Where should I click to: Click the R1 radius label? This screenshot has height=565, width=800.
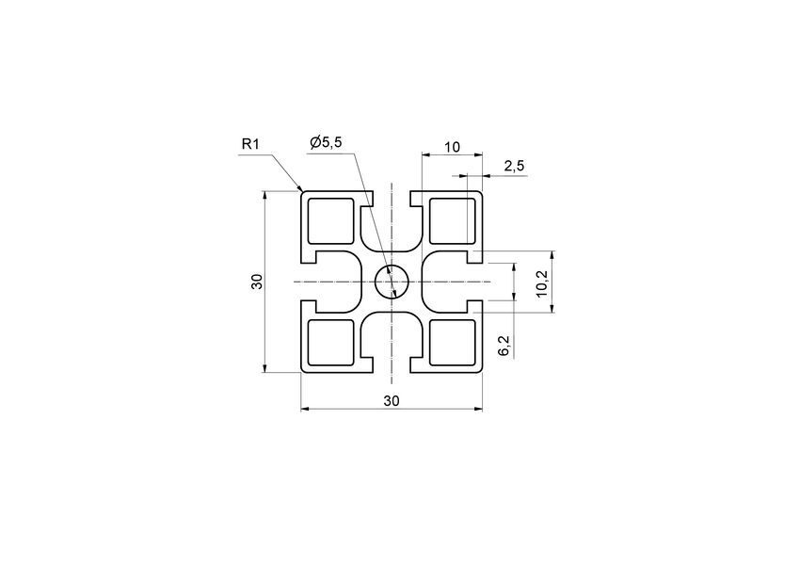tap(250, 144)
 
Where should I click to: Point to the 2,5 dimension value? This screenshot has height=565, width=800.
tap(514, 166)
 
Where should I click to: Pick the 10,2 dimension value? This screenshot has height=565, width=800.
tap(540, 282)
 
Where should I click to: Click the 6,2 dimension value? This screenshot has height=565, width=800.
tap(504, 346)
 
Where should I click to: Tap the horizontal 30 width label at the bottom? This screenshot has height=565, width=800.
tap(392, 400)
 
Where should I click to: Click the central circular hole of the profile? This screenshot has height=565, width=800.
tap(391, 282)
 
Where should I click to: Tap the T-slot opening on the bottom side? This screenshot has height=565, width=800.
tap(391, 363)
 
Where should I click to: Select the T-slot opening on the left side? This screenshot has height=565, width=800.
tap(309, 282)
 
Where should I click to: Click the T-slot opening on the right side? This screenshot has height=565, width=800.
tap(474, 282)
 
